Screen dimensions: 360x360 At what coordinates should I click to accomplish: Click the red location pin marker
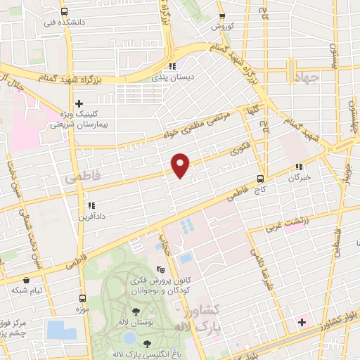click(181, 163)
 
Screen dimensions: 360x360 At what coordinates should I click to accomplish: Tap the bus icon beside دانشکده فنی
click(65, 11)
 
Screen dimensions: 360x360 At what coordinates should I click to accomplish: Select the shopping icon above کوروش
click(222, 16)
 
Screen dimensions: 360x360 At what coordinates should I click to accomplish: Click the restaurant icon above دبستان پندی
click(172, 67)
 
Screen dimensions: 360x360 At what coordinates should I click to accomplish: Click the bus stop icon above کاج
click(260, 179)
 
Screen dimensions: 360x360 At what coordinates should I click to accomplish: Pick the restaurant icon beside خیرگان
click(299, 167)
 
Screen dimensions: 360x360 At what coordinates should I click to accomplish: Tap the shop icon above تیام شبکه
click(26, 280)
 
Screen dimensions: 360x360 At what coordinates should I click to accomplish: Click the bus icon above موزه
click(82, 298)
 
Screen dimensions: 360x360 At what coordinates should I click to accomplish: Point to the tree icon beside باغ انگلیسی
click(147, 344)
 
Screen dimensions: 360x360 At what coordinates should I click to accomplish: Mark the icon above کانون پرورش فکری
click(160, 269)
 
